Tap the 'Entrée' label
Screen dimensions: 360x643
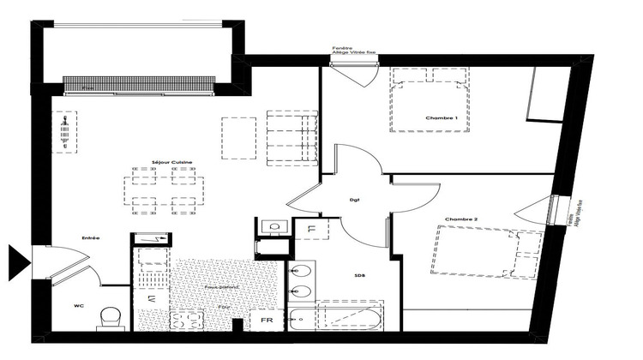coord(91,237)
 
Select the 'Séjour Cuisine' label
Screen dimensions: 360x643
coord(172,162)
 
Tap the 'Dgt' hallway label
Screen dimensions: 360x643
coord(353,201)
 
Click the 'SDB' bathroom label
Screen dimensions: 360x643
coord(359,276)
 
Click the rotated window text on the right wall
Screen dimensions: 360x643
coord(570,211)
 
